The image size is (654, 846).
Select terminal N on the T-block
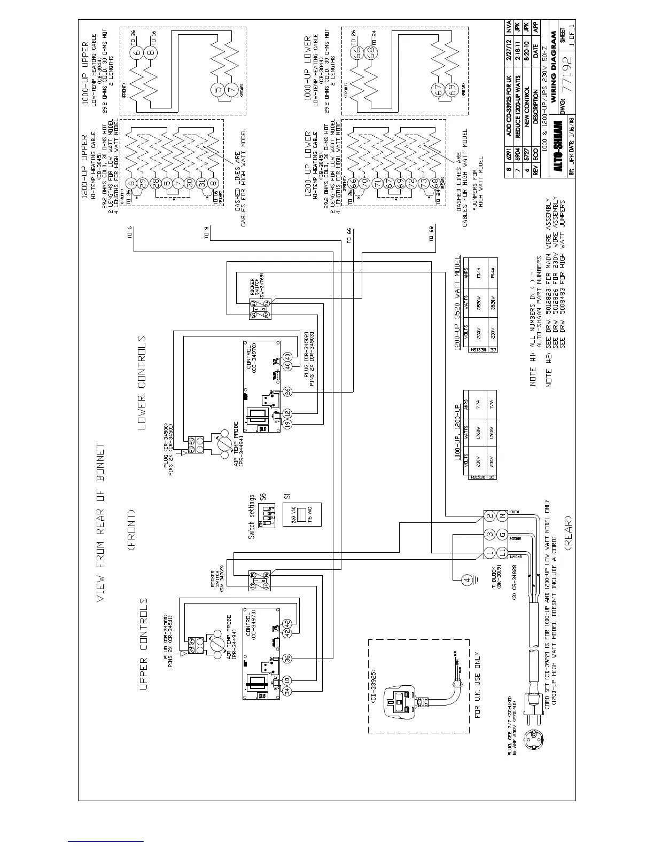click(x=502, y=516)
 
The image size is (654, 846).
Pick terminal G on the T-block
click(x=502, y=535)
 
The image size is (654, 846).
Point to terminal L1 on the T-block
click(x=502, y=553)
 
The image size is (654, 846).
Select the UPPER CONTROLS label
click(x=143, y=643)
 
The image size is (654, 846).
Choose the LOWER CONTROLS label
click(x=142, y=382)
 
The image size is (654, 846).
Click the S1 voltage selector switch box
click(x=301, y=515)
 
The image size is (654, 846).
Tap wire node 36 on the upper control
click(x=287, y=659)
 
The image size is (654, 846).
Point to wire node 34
click(x=287, y=691)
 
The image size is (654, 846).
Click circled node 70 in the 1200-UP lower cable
click(x=364, y=182)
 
